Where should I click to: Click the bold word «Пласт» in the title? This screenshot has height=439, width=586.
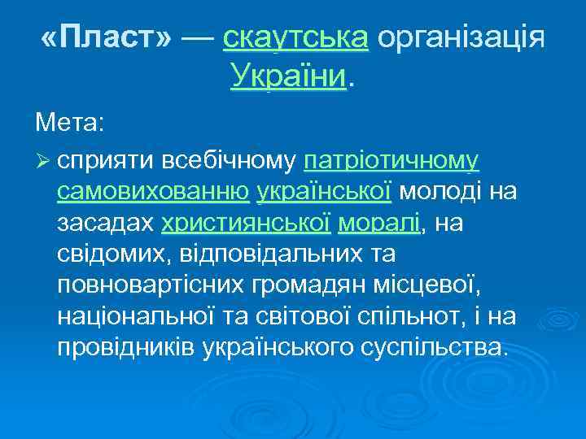coord(106,37)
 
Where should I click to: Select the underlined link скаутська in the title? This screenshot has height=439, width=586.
coord(295,37)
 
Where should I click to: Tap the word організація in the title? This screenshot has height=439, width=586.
coord(460,37)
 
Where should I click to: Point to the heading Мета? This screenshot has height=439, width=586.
coord(69,125)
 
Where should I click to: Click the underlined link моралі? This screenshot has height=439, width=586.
coord(379,223)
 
